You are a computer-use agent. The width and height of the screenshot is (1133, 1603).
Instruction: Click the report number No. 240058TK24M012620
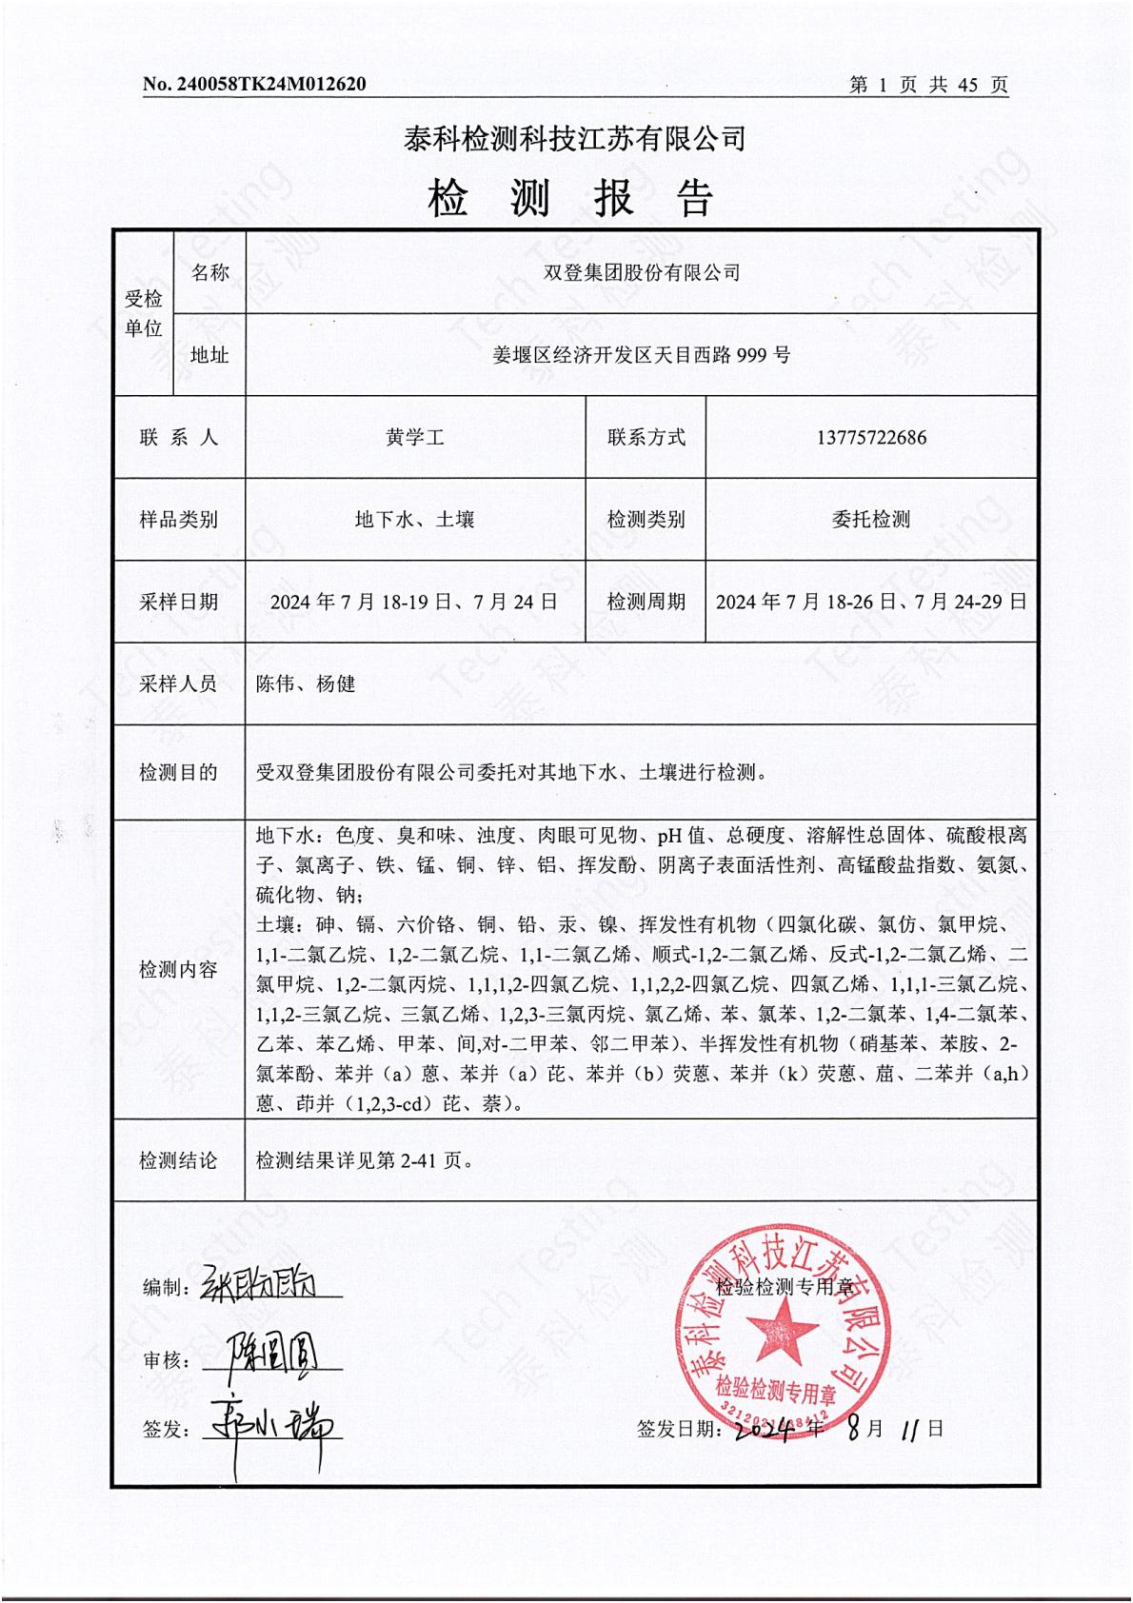pos(254,85)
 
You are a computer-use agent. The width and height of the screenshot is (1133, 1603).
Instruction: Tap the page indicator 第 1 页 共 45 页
pos(927,85)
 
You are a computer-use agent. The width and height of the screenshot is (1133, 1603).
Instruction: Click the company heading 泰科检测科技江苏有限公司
pos(574,139)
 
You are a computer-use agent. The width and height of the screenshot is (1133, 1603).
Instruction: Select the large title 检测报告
pos(571,198)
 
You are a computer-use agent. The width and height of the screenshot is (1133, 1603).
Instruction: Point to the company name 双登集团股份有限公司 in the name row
pos(641,272)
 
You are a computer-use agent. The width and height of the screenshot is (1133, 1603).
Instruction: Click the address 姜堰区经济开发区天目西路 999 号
pos(641,355)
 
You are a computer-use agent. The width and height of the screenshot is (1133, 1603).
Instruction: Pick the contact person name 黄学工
pos(415,438)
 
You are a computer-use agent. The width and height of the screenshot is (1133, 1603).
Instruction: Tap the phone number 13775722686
pos(870,438)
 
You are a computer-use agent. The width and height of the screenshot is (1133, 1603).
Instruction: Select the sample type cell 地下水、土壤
pos(415,520)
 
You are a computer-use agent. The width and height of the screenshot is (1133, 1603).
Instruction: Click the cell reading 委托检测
pos(870,520)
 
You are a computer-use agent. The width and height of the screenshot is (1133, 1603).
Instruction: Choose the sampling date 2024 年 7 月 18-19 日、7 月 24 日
pos(415,602)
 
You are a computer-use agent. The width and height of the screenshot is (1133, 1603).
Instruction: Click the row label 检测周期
pos(646,602)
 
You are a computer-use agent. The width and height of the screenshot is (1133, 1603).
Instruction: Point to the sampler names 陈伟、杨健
pos(306,683)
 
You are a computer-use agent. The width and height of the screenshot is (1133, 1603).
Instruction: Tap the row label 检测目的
pos(178,772)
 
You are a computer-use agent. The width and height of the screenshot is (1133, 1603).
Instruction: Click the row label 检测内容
pos(178,970)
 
